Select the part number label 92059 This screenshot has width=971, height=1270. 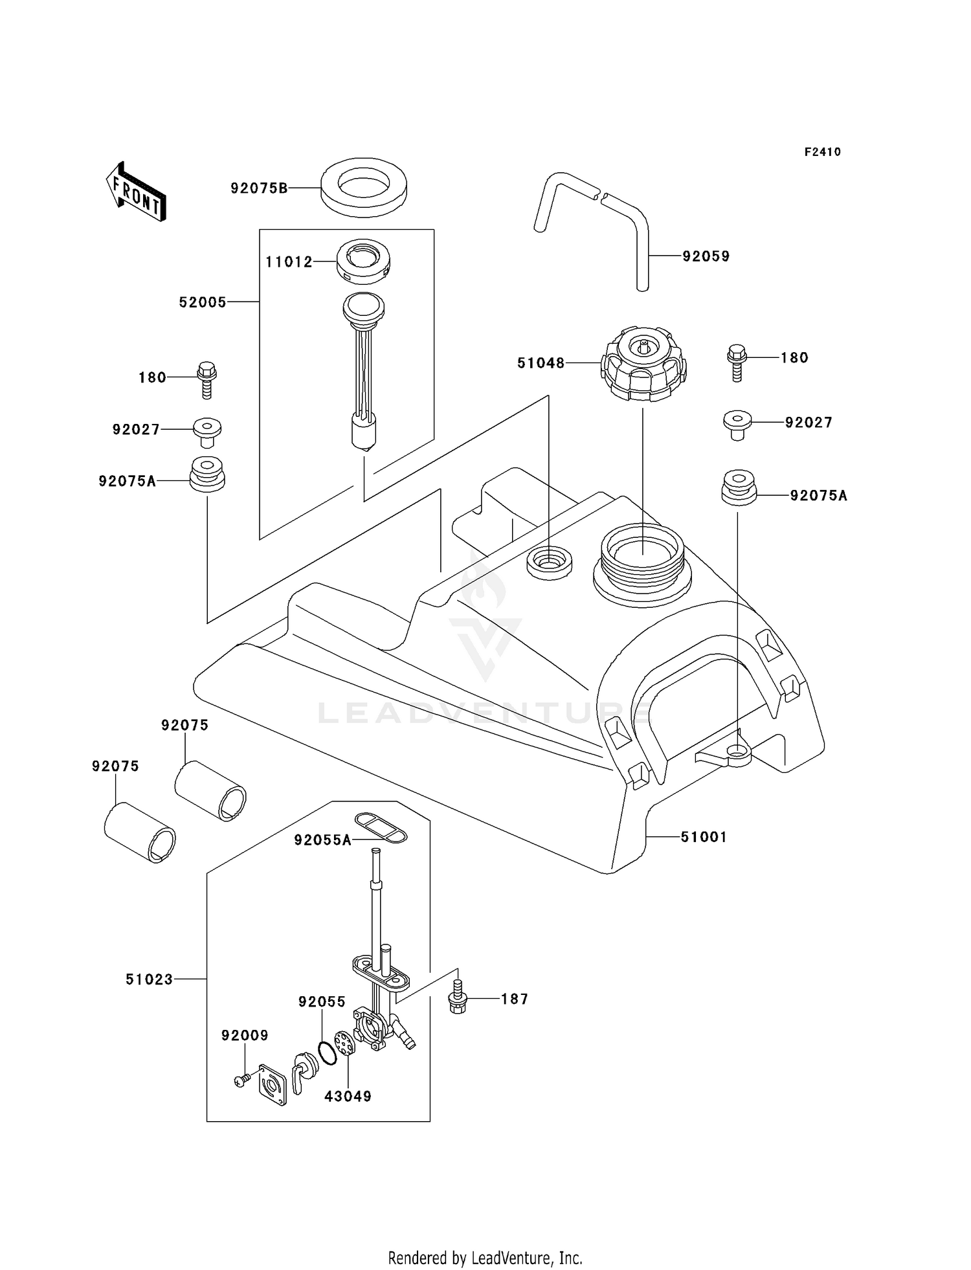coord(706,256)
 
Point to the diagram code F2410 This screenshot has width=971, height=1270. coord(822,152)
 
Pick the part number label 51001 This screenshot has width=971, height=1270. coord(704,837)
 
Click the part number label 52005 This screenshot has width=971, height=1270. coord(203,302)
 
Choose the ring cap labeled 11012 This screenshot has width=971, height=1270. coord(363,261)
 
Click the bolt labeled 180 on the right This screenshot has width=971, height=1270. coord(737,362)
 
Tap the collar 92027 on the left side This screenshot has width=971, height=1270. coord(207,432)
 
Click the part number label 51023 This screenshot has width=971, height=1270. coord(150,979)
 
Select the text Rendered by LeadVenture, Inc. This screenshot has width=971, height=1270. coord(485,1257)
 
